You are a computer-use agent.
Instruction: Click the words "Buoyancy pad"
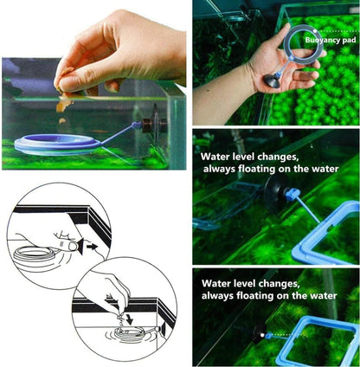331,40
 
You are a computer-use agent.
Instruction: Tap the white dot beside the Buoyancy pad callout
316,30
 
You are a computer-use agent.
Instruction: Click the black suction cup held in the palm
272,81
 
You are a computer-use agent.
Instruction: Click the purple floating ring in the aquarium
55,144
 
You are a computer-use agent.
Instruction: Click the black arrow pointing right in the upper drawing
93,247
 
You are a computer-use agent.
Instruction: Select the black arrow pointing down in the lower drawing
129,319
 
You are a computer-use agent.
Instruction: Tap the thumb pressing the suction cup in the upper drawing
67,247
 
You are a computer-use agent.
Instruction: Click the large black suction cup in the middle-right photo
272,195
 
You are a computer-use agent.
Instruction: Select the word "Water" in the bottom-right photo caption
215,283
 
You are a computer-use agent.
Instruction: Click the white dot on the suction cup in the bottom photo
262,335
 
